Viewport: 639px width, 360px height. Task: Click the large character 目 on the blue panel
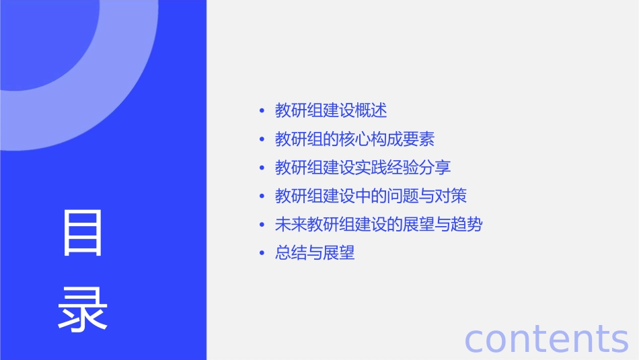pyautogui.click(x=83, y=233)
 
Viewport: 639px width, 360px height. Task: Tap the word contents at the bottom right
pyautogui.click(x=546, y=338)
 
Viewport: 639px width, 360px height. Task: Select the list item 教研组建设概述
pyautogui.click(x=331, y=110)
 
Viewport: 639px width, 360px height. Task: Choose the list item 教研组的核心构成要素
pyautogui.click(x=354, y=139)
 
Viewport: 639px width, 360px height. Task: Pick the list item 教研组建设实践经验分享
pyautogui.click(x=363, y=168)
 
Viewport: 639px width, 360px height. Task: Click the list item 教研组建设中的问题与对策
pyautogui.click(x=371, y=196)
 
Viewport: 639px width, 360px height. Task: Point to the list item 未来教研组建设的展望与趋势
pyautogui.click(x=379, y=225)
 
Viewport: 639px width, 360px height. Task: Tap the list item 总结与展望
pyautogui.click(x=315, y=253)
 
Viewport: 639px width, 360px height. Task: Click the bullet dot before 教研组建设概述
pyautogui.click(x=262, y=111)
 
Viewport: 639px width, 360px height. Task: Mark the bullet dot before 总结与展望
pyautogui.click(x=262, y=254)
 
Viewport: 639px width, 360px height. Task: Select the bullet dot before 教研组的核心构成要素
pyautogui.click(x=262, y=140)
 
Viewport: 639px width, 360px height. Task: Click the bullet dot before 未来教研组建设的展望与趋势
pyautogui.click(x=262, y=225)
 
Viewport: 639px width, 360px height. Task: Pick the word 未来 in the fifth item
pyautogui.click(x=291, y=225)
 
